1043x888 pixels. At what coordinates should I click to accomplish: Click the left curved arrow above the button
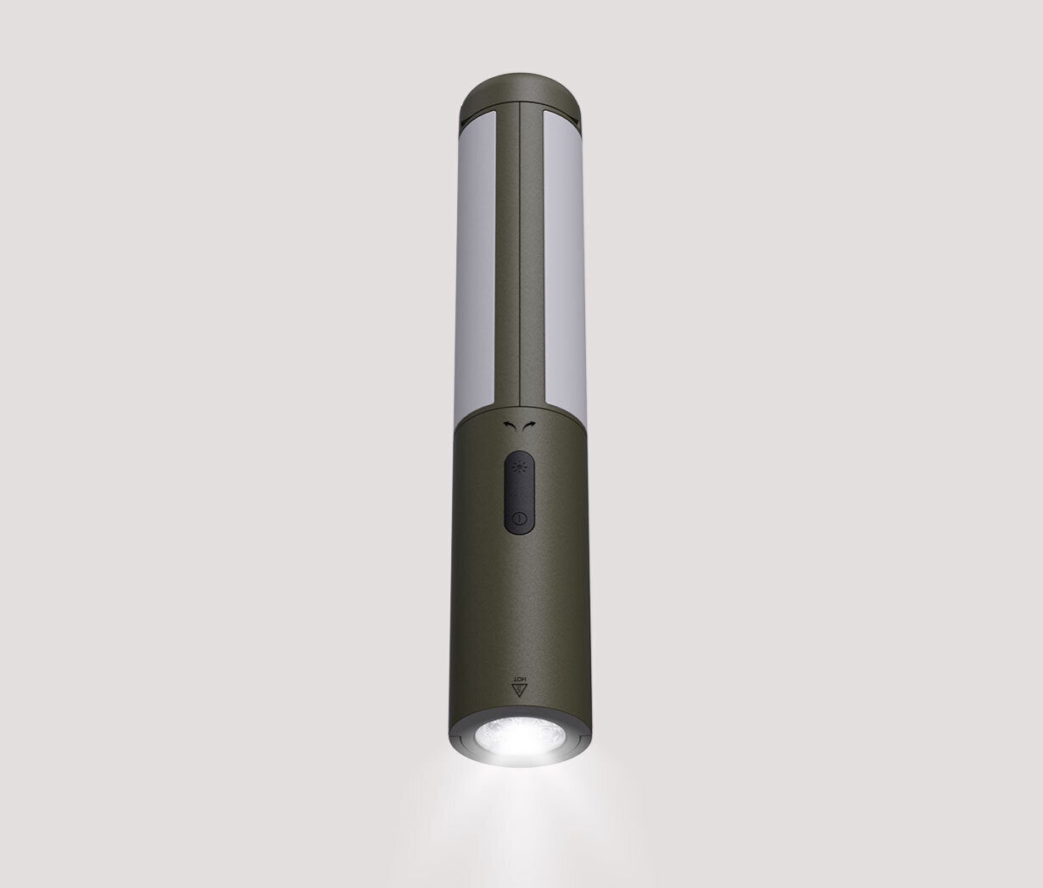pyautogui.click(x=513, y=426)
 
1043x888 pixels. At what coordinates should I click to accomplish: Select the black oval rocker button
pyautogui.click(x=519, y=491)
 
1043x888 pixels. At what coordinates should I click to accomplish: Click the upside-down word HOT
pyautogui.click(x=520, y=676)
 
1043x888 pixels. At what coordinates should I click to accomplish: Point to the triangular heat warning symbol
pyautogui.click(x=520, y=690)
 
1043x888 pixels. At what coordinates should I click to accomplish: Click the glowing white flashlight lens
pyautogui.click(x=521, y=739)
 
